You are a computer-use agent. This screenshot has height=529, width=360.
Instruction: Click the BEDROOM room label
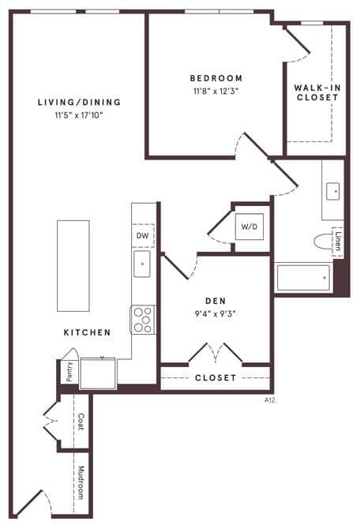(216, 78)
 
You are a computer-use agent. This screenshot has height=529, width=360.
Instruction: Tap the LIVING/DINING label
(80, 102)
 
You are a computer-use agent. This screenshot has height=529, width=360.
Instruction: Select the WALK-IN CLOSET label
(317, 92)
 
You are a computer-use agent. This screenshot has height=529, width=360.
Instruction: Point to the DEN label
(215, 301)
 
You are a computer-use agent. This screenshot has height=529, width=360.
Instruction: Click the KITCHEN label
(87, 332)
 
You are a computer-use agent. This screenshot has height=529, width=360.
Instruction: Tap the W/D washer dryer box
(249, 227)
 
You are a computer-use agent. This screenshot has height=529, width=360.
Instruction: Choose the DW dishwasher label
(143, 235)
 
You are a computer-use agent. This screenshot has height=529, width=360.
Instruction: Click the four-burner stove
(143, 320)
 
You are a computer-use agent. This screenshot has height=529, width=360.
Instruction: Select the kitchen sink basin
(143, 264)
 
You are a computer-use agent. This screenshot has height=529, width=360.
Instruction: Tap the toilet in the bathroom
(323, 242)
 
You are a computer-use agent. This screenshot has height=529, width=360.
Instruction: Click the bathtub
(303, 277)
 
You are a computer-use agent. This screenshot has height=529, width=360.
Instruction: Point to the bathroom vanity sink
(332, 190)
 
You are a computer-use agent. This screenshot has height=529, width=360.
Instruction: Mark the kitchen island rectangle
(73, 265)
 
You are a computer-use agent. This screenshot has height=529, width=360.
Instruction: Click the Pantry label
(69, 373)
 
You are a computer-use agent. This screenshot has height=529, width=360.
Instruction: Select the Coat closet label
(81, 422)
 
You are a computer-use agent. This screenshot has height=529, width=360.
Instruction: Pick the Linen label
(338, 241)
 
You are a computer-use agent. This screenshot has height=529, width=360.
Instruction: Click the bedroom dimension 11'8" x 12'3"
(216, 92)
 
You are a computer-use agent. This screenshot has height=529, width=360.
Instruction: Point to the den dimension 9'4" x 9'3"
(215, 313)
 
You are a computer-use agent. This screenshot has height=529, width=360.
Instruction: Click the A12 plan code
(269, 400)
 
